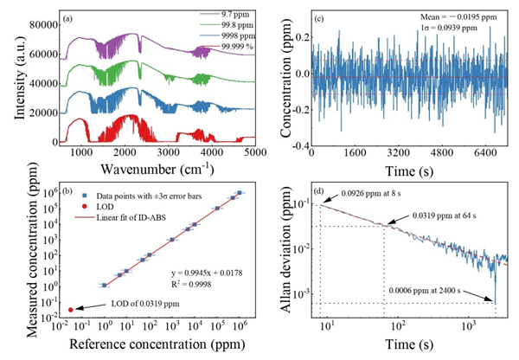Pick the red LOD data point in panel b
(x=70, y=309)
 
